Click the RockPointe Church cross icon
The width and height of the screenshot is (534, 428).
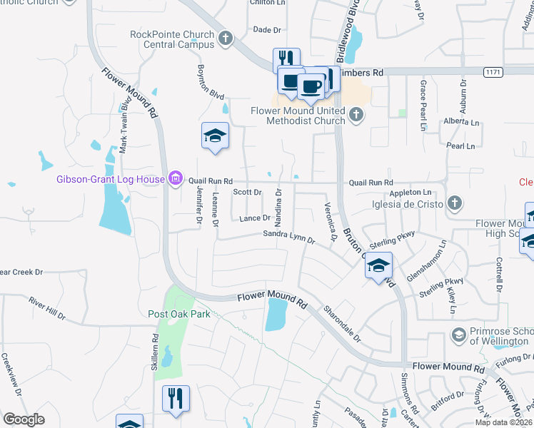click(x=226, y=38)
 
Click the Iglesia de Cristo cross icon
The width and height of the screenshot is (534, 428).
click(x=454, y=204)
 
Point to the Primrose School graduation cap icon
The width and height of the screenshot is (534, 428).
click(x=458, y=334)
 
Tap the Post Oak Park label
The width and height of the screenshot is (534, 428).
click(x=179, y=314)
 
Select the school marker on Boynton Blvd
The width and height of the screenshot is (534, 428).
click(x=215, y=137)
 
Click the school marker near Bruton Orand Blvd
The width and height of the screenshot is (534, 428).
click(x=378, y=267)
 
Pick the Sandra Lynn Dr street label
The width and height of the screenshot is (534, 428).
click(x=289, y=236)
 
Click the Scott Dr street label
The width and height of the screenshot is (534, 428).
click(x=248, y=192)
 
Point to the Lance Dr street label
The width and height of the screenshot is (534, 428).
click(x=255, y=218)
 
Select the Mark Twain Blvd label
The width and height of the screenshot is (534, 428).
click(x=125, y=125)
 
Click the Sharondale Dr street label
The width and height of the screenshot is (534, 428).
click(x=342, y=322)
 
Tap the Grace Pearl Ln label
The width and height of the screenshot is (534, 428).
click(x=423, y=105)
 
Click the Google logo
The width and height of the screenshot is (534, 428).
click(x=24, y=419)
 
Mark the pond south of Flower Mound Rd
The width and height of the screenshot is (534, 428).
click(x=276, y=315)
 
